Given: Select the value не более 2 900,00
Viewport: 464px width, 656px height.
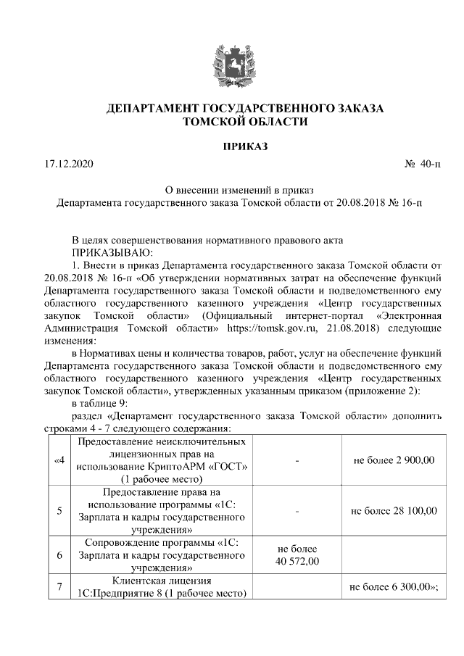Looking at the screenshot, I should coord(393,460).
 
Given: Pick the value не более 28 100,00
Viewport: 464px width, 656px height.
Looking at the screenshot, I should coord(393,510).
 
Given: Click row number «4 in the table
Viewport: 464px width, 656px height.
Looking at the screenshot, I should coord(59,460).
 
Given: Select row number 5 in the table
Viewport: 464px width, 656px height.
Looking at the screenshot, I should coord(59,510).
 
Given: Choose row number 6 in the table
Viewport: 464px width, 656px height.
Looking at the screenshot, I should coord(59,555).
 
